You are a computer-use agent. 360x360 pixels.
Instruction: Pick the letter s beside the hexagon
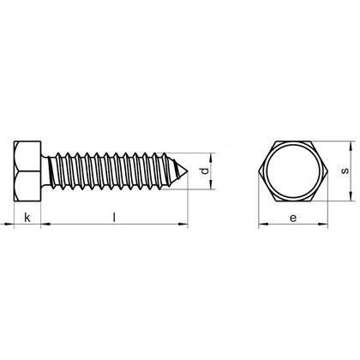pyautogui.click(x=344, y=171)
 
